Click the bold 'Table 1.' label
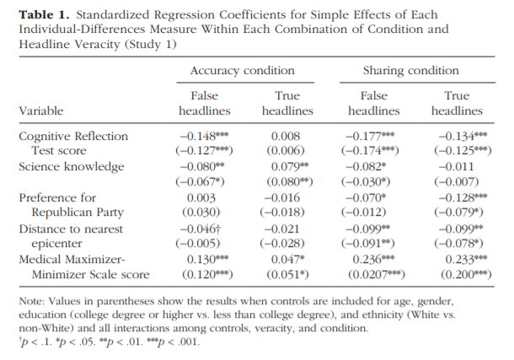tap(44, 15)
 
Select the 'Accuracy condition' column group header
tap(243, 71)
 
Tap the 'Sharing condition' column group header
tap(410, 71)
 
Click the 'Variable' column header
tap(41, 110)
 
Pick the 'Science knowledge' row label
tap(72, 167)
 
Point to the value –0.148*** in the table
tap(204, 136)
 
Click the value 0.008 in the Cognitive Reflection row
tap(286, 136)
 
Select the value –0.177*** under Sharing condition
tap(370, 136)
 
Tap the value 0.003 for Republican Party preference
tap(201, 197)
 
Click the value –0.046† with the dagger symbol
tap(201, 228)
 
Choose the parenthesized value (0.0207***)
tap(377, 274)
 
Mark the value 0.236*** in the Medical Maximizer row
tap(373, 260)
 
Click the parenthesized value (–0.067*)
tap(200, 181)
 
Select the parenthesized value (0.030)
tap(201, 212)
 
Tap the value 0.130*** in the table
tap(208, 260)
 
